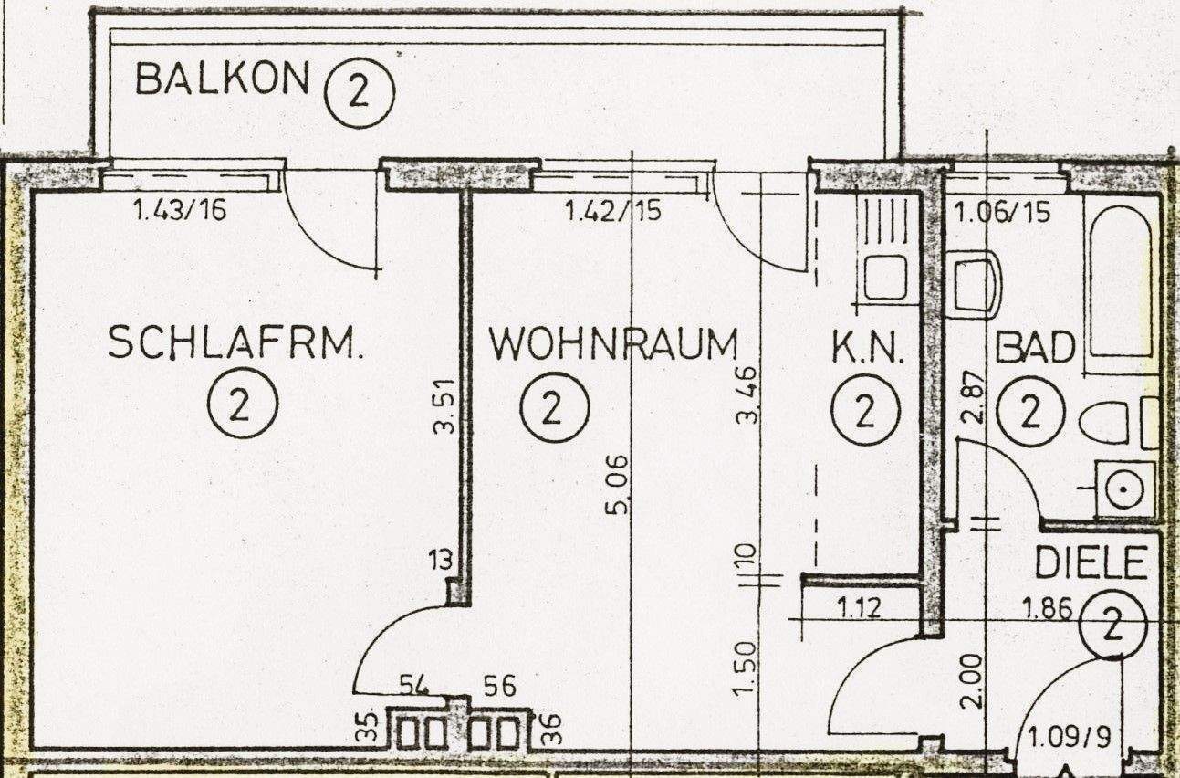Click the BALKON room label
point(222,79)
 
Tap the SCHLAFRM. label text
point(235,344)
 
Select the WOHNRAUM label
point(613,345)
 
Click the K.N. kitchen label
point(867,349)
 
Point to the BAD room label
point(1035,348)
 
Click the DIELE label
point(1089,564)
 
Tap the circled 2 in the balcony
point(358,92)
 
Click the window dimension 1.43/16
point(179,212)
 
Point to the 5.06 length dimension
point(618,483)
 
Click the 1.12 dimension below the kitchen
point(859,606)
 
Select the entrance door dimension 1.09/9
point(1070,736)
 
